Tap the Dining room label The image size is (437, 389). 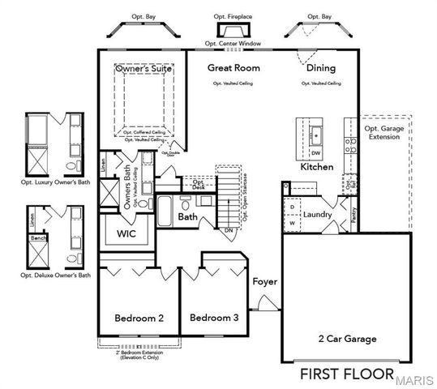[320, 68]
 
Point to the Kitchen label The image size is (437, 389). [317, 166]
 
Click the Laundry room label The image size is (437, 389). [317, 214]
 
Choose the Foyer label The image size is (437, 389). [264, 282]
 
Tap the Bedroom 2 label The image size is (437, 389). [139, 318]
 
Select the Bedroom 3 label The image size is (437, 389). [214, 318]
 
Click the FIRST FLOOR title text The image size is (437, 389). [347, 374]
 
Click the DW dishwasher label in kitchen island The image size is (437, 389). [316, 153]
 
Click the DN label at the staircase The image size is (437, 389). [229, 230]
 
